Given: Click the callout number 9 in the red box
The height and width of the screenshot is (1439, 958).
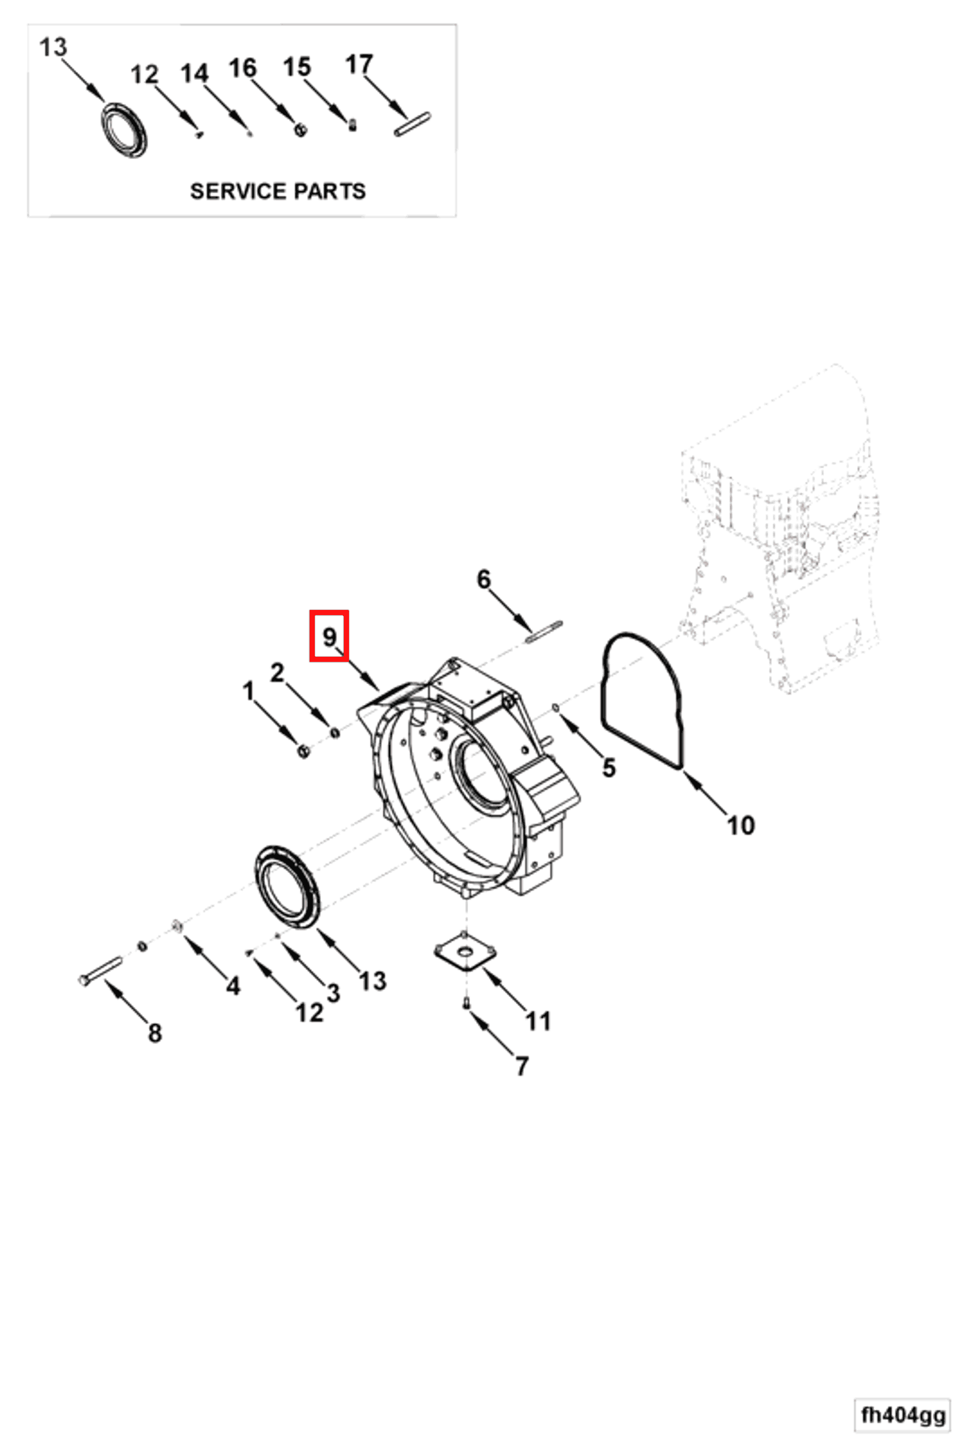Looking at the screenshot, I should (x=330, y=636).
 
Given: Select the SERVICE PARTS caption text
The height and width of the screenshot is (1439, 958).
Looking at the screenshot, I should (x=278, y=191).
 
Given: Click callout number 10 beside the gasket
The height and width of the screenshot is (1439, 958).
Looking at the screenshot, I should (x=741, y=826).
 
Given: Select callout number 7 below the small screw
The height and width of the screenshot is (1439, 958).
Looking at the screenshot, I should (x=521, y=1066).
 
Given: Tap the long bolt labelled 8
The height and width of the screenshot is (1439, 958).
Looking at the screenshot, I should (x=101, y=971).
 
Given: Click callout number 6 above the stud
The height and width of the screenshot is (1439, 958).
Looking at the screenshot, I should (x=484, y=579).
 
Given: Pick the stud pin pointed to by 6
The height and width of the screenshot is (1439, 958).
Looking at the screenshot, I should (x=543, y=632).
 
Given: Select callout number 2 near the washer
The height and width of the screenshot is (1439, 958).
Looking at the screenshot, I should (x=277, y=673).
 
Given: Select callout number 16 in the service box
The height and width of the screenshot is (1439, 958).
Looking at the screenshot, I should (x=242, y=68).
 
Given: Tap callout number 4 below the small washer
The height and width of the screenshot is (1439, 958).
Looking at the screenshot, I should (x=233, y=985).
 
